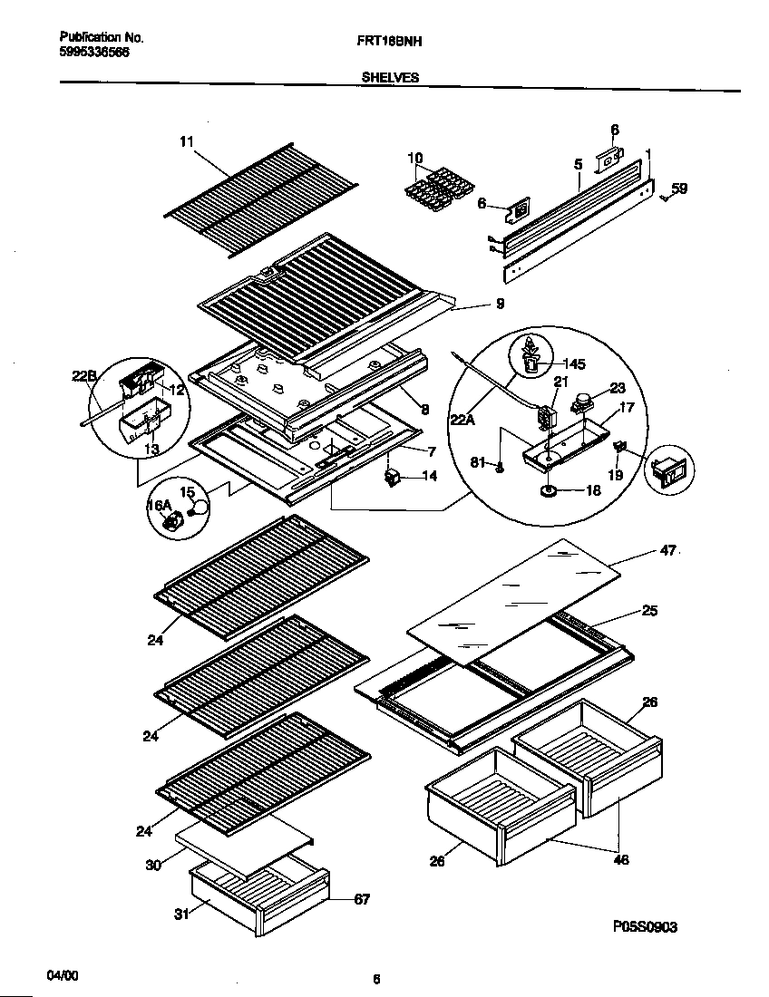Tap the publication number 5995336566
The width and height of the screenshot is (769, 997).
pos(94,53)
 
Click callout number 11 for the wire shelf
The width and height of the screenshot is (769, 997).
pos(186,141)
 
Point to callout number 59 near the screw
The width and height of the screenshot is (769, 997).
pos(679,189)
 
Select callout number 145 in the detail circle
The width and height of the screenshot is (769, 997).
pos(574,364)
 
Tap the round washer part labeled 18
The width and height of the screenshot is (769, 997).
pos(548,491)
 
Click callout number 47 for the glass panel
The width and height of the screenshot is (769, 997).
pos(667,549)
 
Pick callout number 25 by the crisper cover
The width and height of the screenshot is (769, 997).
pos(649,610)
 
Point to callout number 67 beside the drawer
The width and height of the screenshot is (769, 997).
pos(361,899)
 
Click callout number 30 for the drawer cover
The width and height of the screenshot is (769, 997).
pos(153,866)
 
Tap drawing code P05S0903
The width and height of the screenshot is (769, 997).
pos(645,926)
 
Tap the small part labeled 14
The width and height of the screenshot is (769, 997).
pos(394,474)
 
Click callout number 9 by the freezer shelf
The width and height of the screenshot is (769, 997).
pos(500,305)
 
